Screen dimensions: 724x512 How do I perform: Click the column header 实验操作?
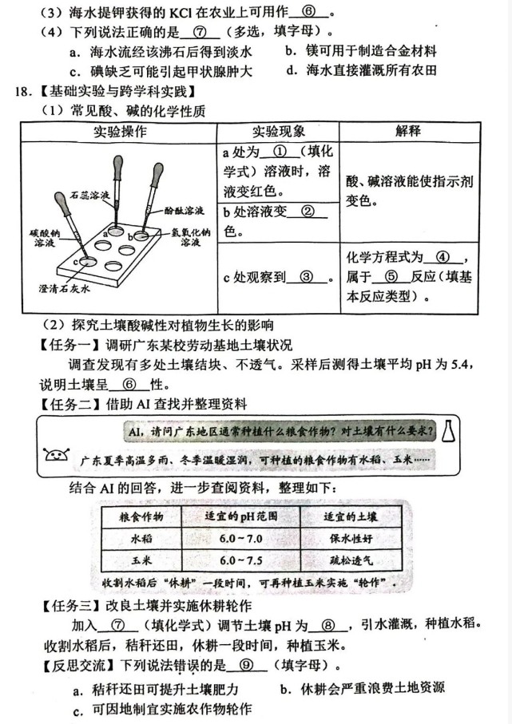pyautogui.click(x=118, y=132)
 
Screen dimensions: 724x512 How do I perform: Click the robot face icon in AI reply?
pyautogui.click(x=57, y=457)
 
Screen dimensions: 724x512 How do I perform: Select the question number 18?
pyautogui.click(x=22, y=92)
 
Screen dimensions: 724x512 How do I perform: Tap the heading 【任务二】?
pyautogui.click(x=67, y=405)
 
